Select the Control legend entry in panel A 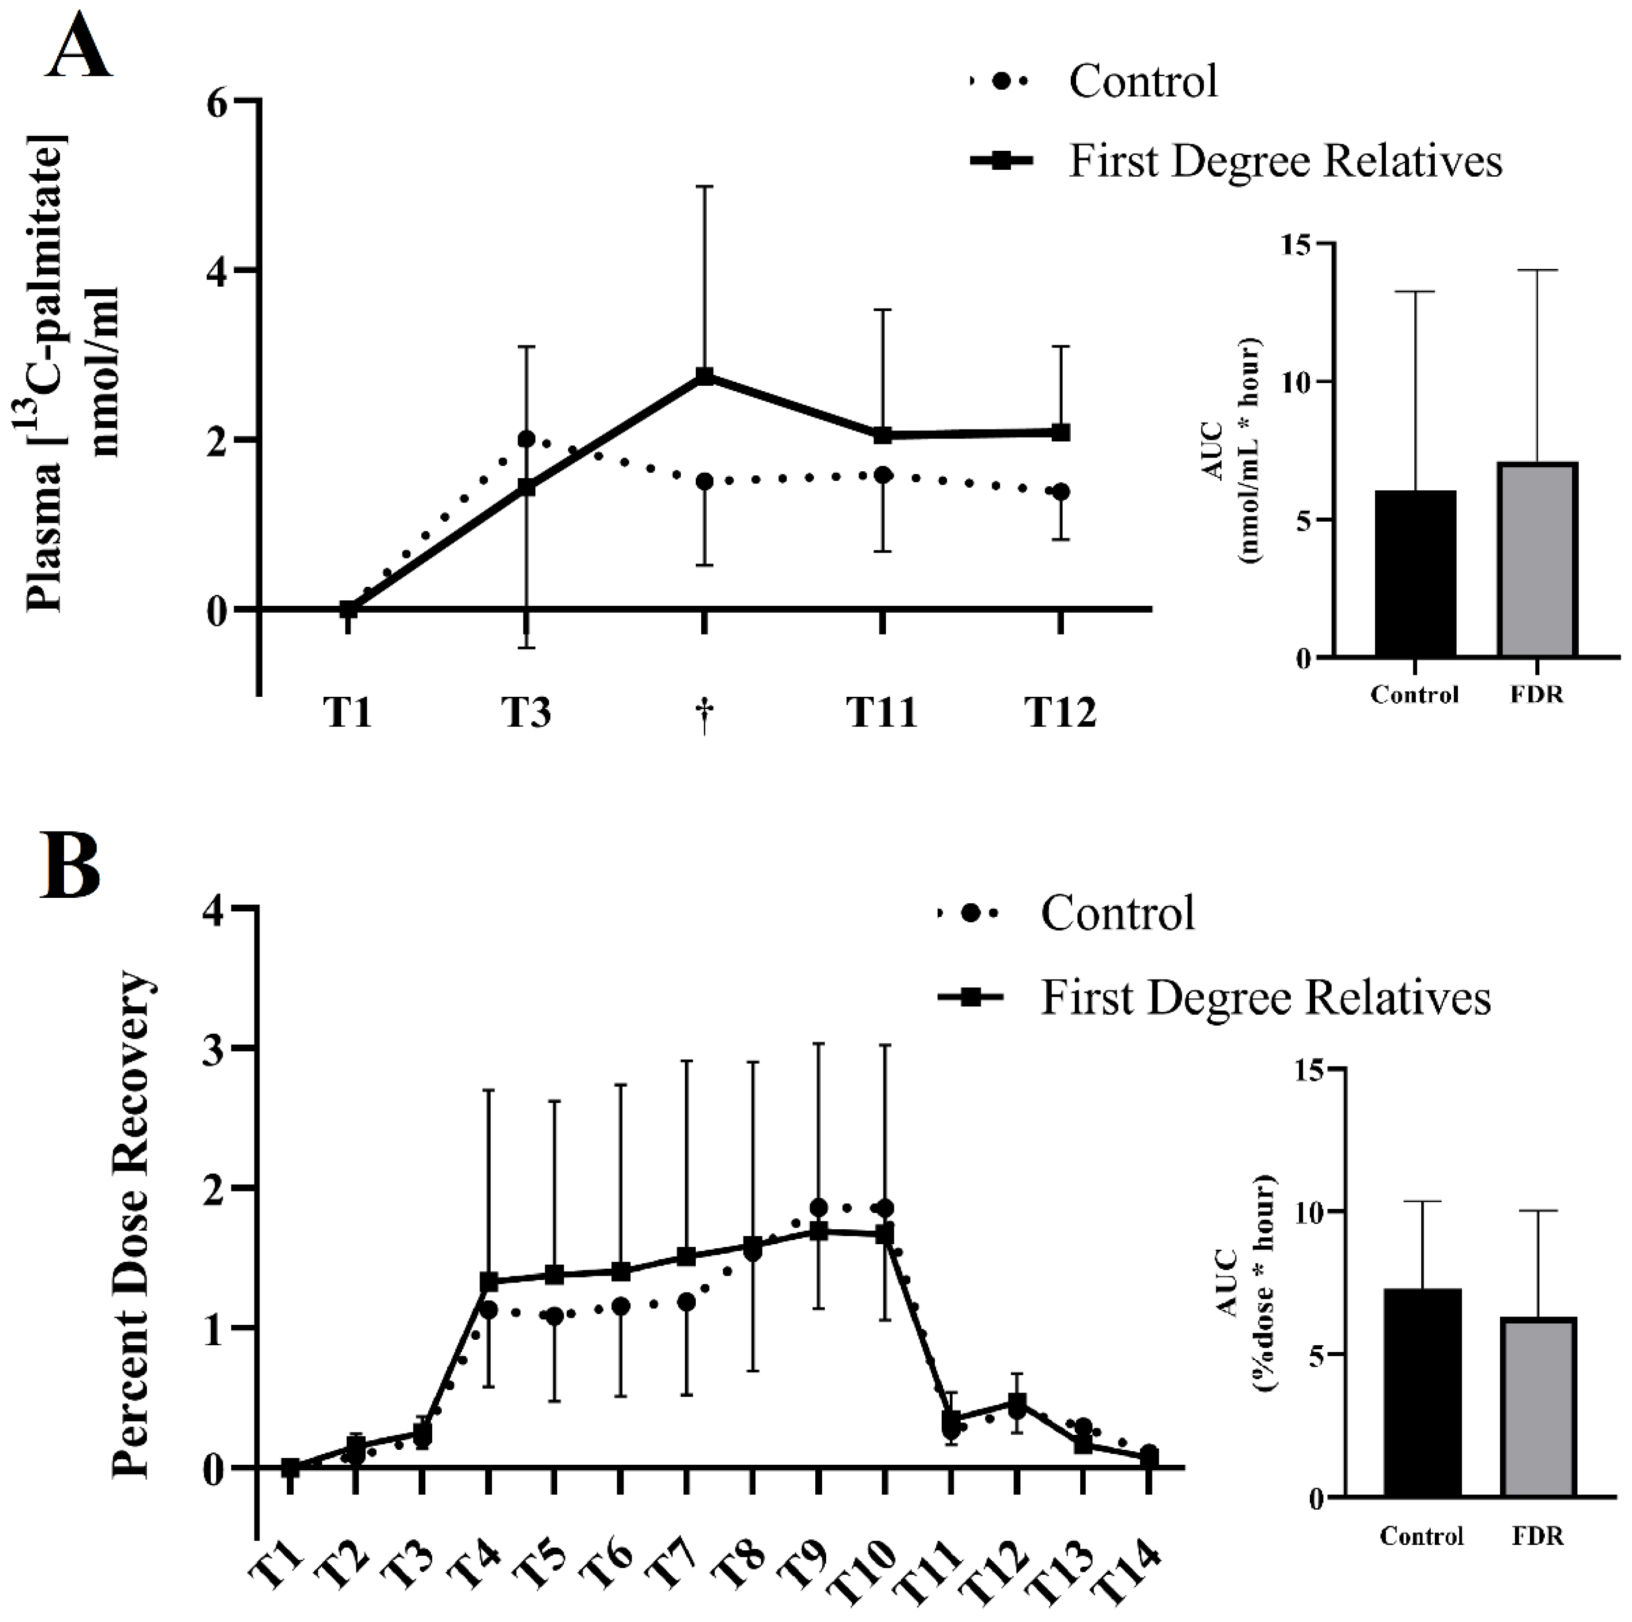pyautogui.click(x=1142, y=82)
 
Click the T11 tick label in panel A pyautogui.click(x=882, y=713)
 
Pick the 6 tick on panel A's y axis pyautogui.click(x=218, y=102)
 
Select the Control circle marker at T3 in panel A pyautogui.click(x=526, y=439)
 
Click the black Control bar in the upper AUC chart pyautogui.click(x=1415, y=574)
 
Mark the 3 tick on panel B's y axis pyautogui.click(x=216, y=1048)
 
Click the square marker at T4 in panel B pyautogui.click(x=488, y=1282)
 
